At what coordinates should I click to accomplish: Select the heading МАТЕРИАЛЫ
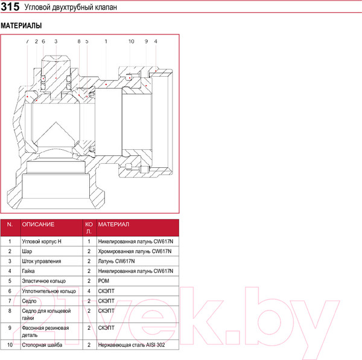click(x=21, y=27)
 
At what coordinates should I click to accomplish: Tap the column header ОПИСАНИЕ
click(x=38, y=224)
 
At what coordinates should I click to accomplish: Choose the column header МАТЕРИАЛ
click(x=113, y=224)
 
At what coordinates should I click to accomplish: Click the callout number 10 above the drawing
click(x=131, y=42)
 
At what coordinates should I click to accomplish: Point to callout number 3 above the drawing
click(x=56, y=42)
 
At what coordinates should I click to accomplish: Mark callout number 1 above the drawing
click(x=106, y=42)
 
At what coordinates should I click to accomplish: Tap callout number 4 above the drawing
click(x=156, y=42)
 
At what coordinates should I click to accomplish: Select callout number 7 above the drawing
click(x=27, y=42)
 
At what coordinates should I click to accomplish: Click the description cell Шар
click(x=27, y=251)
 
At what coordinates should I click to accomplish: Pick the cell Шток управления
click(x=41, y=261)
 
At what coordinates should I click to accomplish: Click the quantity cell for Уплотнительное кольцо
click(x=89, y=291)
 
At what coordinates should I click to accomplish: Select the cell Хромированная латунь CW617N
click(x=135, y=251)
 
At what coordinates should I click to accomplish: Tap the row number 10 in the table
click(x=10, y=344)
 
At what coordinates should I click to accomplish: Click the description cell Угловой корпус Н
click(x=42, y=240)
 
